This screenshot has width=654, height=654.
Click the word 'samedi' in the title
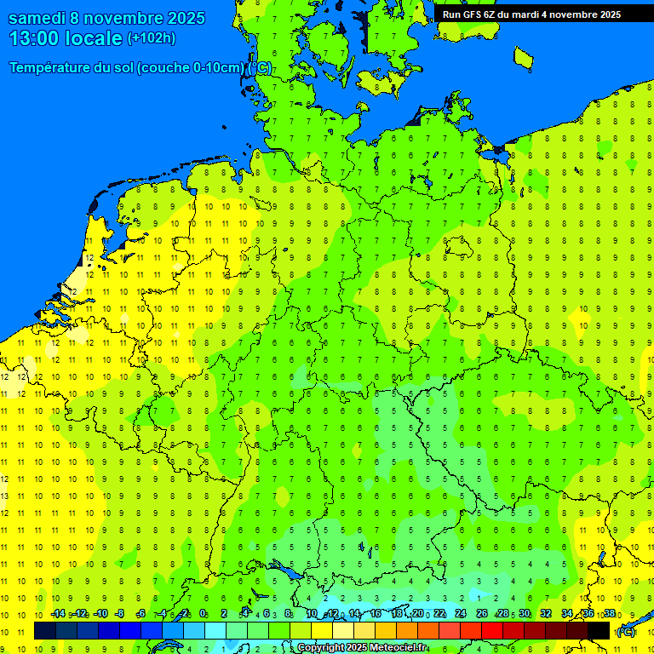pyautogui.click(x=37, y=18)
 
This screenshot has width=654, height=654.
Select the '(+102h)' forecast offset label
pyautogui.click(x=152, y=38)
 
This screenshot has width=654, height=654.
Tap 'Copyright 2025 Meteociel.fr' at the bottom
pyautogui.click(x=362, y=648)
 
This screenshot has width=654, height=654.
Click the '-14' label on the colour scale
pyautogui.click(x=57, y=614)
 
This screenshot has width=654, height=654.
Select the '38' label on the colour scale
pyautogui.click(x=610, y=614)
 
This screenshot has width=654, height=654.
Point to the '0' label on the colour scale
pyautogui.click(x=203, y=614)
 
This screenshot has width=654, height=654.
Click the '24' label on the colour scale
pyautogui.click(x=461, y=614)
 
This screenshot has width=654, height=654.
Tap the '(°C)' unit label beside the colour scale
pyautogui.click(x=625, y=632)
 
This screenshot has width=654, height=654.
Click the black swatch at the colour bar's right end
pyautogui.click(x=599, y=631)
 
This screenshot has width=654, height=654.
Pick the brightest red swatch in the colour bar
pyautogui.click(x=492, y=631)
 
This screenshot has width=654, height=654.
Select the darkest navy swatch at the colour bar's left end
pyautogui.click(x=44, y=631)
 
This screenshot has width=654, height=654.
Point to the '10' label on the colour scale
pyautogui.click(x=312, y=614)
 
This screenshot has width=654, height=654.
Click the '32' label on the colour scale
pyautogui.click(x=546, y=614)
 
